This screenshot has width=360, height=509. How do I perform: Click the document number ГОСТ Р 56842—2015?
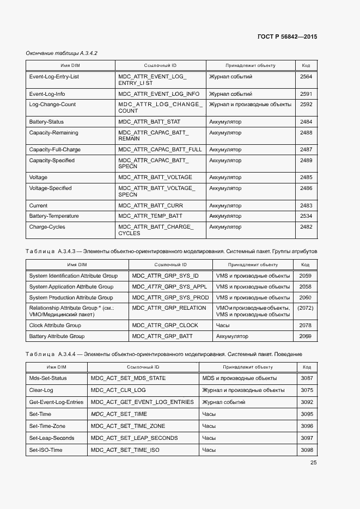[287, 37]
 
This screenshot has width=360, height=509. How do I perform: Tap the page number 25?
[313, 463]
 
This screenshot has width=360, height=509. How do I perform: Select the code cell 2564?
[306, 77]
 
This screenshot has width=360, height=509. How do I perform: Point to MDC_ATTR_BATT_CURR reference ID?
[151, 206]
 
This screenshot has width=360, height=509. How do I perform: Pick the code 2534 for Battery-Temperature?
[306, 216]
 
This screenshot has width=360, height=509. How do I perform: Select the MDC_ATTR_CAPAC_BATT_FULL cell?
[160, 150]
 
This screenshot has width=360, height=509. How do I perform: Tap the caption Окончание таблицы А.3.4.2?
[62, 53]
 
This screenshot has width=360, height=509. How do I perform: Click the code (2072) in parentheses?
[305, 308]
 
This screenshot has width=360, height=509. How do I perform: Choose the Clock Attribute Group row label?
[55, 326]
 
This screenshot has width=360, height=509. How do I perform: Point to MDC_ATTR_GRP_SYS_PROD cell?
[170, 298]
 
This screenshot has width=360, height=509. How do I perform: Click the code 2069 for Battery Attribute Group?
[305, 336]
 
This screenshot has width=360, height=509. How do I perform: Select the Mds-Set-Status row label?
[48, 378]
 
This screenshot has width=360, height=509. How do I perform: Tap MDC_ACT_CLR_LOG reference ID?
[118, 390]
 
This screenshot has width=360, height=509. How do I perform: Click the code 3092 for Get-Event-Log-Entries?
[307, 402]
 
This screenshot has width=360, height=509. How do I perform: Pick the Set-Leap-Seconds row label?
[52, 438]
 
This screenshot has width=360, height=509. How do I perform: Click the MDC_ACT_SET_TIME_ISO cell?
[125, 450]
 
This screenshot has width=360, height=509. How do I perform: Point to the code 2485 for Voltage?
[306, 177]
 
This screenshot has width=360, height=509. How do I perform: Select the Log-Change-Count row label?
[52, 105]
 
